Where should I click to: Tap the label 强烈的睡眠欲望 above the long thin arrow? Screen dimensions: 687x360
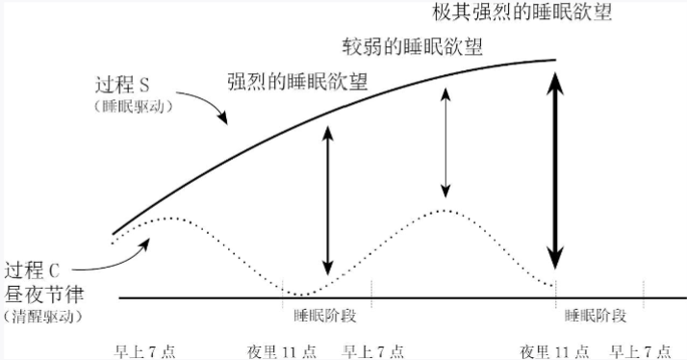coord(297,81)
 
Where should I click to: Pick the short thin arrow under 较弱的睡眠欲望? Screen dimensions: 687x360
coord(444,141)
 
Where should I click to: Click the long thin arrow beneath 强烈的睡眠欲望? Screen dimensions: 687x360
coord(327,201)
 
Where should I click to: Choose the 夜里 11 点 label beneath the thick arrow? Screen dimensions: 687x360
coord(551,348)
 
